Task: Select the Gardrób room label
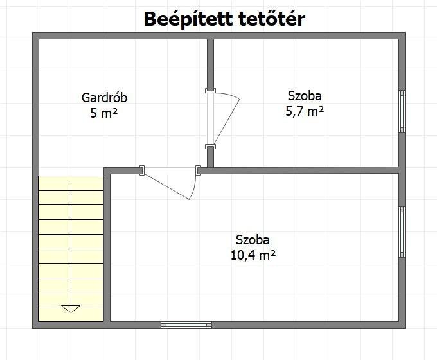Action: (104, 98)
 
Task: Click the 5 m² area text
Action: (103, 113)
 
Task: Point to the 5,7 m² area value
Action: (305, 112)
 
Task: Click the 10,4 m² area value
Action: (253, 255)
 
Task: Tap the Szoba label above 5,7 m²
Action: (305, 96)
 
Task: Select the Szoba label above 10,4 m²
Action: (253, 240)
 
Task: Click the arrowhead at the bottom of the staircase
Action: (71, 309)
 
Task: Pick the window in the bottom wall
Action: (186, 325)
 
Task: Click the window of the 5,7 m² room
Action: (402, 111)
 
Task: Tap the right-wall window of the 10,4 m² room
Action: (402, 232)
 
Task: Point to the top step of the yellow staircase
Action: (71, 183)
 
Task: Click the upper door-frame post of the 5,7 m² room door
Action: (210, 91)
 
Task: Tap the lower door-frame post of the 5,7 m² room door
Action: (210, 147)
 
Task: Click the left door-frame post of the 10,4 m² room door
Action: (142, 170)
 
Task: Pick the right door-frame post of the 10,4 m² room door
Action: (198, 170)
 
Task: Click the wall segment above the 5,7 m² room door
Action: (210, 64)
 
